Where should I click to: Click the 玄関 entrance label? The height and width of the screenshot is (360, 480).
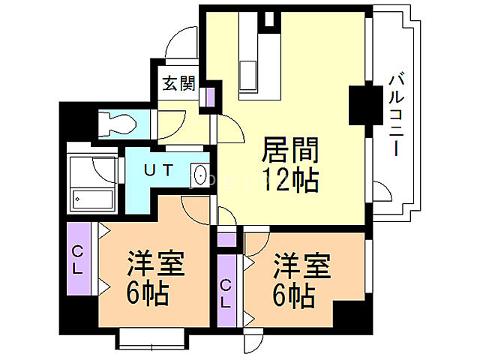point(178,82)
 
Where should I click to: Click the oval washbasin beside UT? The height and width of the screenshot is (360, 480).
point(200,175)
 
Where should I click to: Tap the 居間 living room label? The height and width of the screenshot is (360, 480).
point(290,150)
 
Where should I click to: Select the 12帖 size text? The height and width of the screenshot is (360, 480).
point(290,180)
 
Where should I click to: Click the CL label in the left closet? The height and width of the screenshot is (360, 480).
point(78,257)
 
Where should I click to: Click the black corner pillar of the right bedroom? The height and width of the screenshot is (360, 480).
point(352,314)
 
